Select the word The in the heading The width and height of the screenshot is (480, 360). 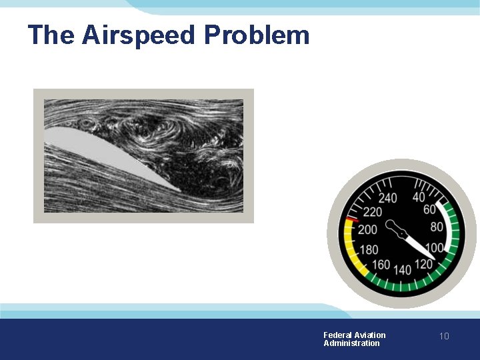52,35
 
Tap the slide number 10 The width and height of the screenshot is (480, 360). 444,337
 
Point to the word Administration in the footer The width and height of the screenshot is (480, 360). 351,343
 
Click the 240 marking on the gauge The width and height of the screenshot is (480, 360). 387,198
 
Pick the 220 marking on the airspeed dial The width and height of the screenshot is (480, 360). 373,212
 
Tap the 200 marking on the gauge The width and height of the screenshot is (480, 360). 367,230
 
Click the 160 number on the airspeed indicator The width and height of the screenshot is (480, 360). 381,265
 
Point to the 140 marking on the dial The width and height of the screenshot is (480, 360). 403,270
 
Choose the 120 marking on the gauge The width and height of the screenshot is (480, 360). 423,263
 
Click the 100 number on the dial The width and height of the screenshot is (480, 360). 435,248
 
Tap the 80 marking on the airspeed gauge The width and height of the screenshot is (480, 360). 437,227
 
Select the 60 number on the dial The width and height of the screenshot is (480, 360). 430,210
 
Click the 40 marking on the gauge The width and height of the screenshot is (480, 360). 419,197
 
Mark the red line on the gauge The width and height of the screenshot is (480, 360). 353,220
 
